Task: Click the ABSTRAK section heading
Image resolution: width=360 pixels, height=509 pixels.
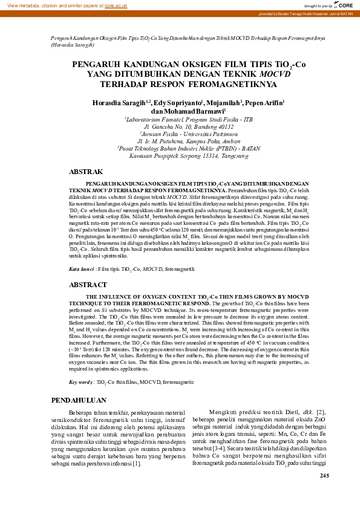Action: pyautogui.click(x=86, y=172)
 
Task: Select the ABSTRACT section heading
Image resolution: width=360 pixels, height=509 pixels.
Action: pyautogui.click(x=88, y=284)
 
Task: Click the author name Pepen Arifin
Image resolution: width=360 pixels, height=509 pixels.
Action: pyautogui.click(x=264, y=103)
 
